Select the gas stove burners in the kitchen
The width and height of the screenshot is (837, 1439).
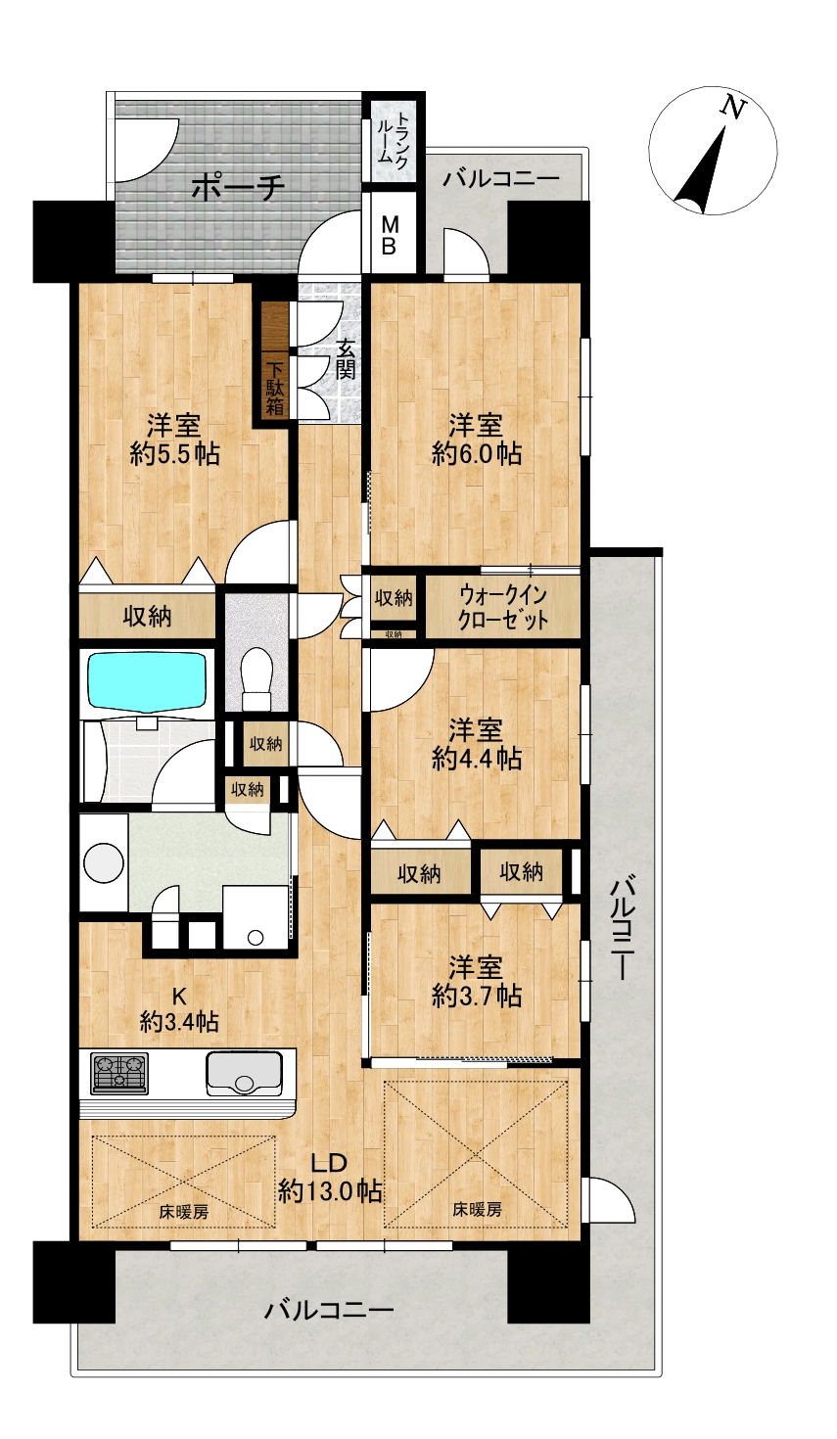(119, 1073)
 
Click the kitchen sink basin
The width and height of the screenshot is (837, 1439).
(244, 1074)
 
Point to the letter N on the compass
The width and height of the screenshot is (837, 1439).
(732, 108)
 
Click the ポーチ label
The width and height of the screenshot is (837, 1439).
(238, 188)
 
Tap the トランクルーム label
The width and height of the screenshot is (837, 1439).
(393, 138)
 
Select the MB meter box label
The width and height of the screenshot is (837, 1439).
(390, 235)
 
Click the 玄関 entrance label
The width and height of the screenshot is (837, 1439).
(346, 360)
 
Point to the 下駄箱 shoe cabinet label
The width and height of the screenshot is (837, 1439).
(275, 388)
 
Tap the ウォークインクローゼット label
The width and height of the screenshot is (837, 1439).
(503, 607)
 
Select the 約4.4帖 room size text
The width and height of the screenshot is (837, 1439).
(476, 760)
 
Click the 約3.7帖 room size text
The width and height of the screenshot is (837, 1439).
(476, 997)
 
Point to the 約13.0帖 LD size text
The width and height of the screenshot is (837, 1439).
(330, 1192)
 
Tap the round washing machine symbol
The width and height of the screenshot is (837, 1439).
(104, 862)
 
